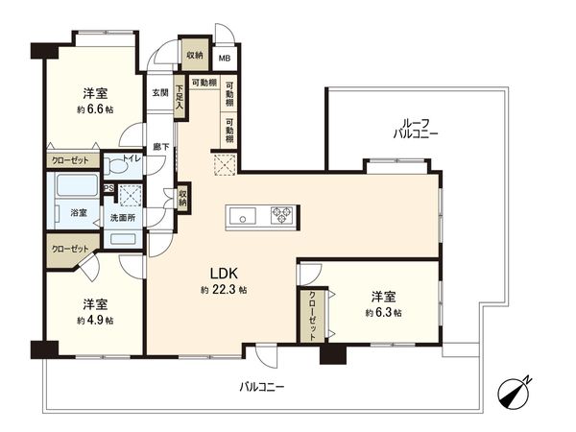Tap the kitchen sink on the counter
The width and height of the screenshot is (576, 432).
coord(243,218)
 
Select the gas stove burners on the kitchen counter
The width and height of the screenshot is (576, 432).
coord(283,215)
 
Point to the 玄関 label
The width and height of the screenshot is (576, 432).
coord(159,93)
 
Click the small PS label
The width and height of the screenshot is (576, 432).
coord(109,189)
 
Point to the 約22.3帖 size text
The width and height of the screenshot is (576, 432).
coord(224,290)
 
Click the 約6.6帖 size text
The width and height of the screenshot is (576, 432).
coord(94,110)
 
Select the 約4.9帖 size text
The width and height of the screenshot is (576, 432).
coord(94,320)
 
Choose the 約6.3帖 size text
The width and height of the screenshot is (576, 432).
coord(382,312)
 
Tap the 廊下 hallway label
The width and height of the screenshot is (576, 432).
coord(160,147)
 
